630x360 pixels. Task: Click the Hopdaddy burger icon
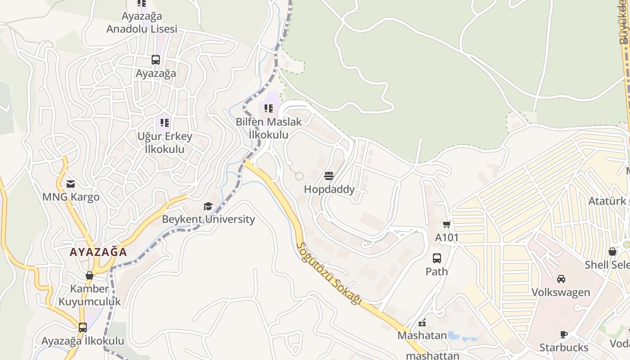(329, 175)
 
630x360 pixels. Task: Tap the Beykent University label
(208, 219)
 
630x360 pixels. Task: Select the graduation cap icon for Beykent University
(208, 206)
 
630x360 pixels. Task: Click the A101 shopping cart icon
(446, 224)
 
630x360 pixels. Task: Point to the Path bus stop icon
(437, 258)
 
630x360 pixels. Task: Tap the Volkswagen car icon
(561, 279)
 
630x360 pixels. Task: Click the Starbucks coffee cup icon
(563, 334)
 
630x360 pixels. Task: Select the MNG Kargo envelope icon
(71, 184)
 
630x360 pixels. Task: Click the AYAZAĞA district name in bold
(99, 252)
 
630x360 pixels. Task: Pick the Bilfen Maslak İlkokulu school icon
(269, 108)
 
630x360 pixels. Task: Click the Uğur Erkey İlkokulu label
(165, 142)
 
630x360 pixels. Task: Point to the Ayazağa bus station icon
(156, 59)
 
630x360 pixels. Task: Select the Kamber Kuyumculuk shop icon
(90, 275)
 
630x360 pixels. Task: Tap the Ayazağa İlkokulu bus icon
(83, 327)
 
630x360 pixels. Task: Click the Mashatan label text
(422, 335)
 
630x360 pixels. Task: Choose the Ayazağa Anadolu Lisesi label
(142, 22)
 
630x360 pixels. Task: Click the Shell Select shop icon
(612, 252)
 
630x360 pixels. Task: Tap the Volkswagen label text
(561, 292)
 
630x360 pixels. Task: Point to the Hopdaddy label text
(329, 189)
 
